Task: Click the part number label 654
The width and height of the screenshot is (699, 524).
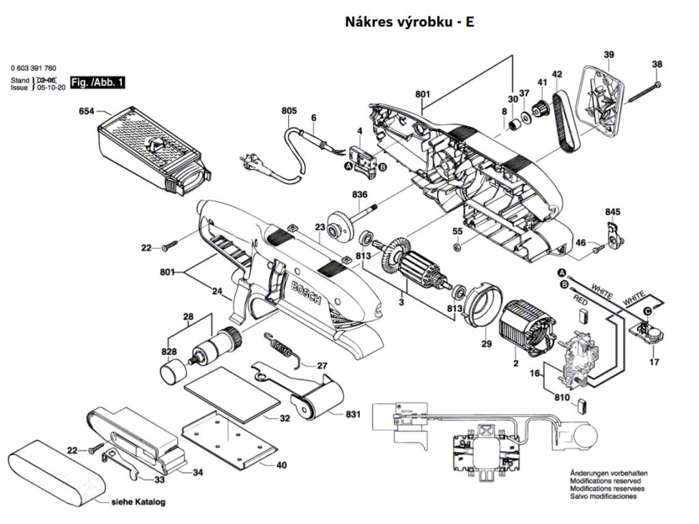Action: click(x=87, y=111)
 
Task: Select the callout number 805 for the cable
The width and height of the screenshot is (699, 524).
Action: click(x=289, y=111)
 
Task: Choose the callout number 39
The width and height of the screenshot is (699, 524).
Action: click(x=609, y=55)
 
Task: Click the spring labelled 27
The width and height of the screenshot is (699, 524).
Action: click(x=280, y=347)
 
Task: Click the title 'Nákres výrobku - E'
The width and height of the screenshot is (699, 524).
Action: click(x=410, y=22)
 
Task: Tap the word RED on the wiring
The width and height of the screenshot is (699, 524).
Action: click(x=580, y=300)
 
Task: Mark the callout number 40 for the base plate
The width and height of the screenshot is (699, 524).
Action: click(x=281, y=466)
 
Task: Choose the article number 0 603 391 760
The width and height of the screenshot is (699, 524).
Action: click(x=33, y=68)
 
